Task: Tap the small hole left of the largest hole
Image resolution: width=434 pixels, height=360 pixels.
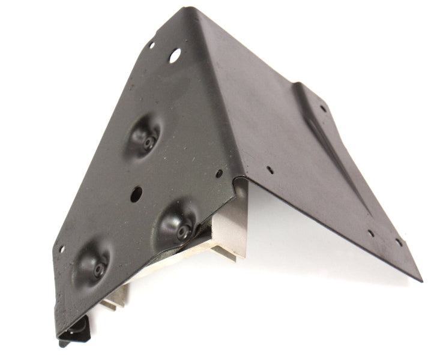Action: pyautogui.click(x=151, y=44)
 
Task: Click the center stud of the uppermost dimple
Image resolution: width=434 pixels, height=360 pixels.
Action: pyautogui.click(x=148, y=143)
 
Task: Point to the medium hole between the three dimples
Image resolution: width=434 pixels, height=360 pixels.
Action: pyautogui.click(x=136, y=193)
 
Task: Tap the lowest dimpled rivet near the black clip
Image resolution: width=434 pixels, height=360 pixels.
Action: pyautogui.click(x=94, y=263)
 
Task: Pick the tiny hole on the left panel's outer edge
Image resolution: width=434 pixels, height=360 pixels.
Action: pyautogui.click(x=61, y=248)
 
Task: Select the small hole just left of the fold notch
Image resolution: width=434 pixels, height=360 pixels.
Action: pyautogui.click(x=219, y=173)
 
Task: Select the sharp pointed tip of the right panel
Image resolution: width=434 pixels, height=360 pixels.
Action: pyautogui.click(x=420, y=278)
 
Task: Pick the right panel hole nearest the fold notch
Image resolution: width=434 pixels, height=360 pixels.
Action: pyautogui.click(x=270, y=170)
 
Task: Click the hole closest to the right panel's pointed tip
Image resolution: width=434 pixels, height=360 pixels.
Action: pyautogui.click(x=399, y=242)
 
